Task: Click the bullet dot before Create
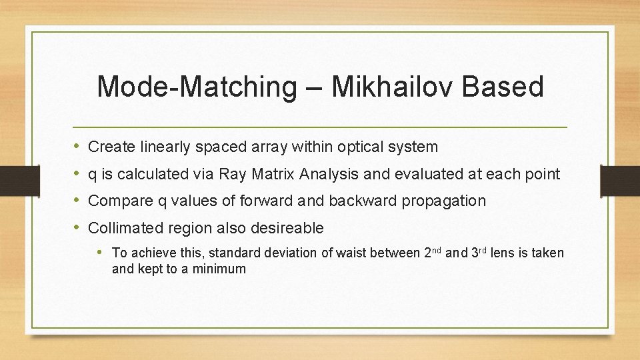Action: click(78, 146)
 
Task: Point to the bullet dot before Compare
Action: click(78, 200)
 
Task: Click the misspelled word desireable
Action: click(287, 228)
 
